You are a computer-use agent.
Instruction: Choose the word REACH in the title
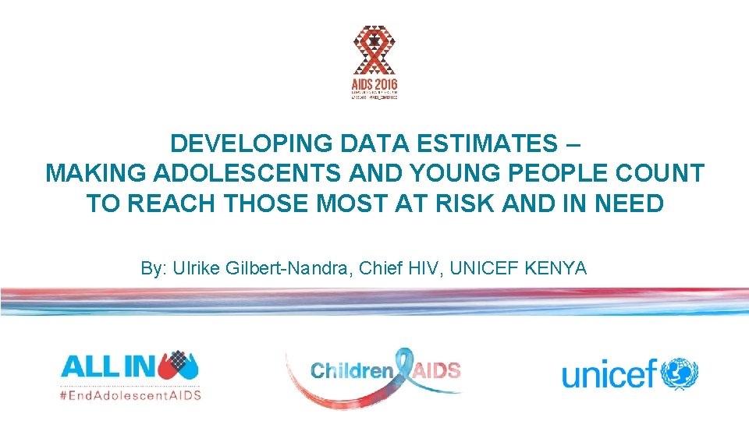pos(173,203)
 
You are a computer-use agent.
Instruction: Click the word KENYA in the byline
pos(557,269)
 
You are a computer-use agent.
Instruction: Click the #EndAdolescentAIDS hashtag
pos(130,394)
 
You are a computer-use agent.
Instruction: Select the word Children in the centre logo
pos(352,371)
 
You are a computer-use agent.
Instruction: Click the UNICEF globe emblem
pos(680,373)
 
